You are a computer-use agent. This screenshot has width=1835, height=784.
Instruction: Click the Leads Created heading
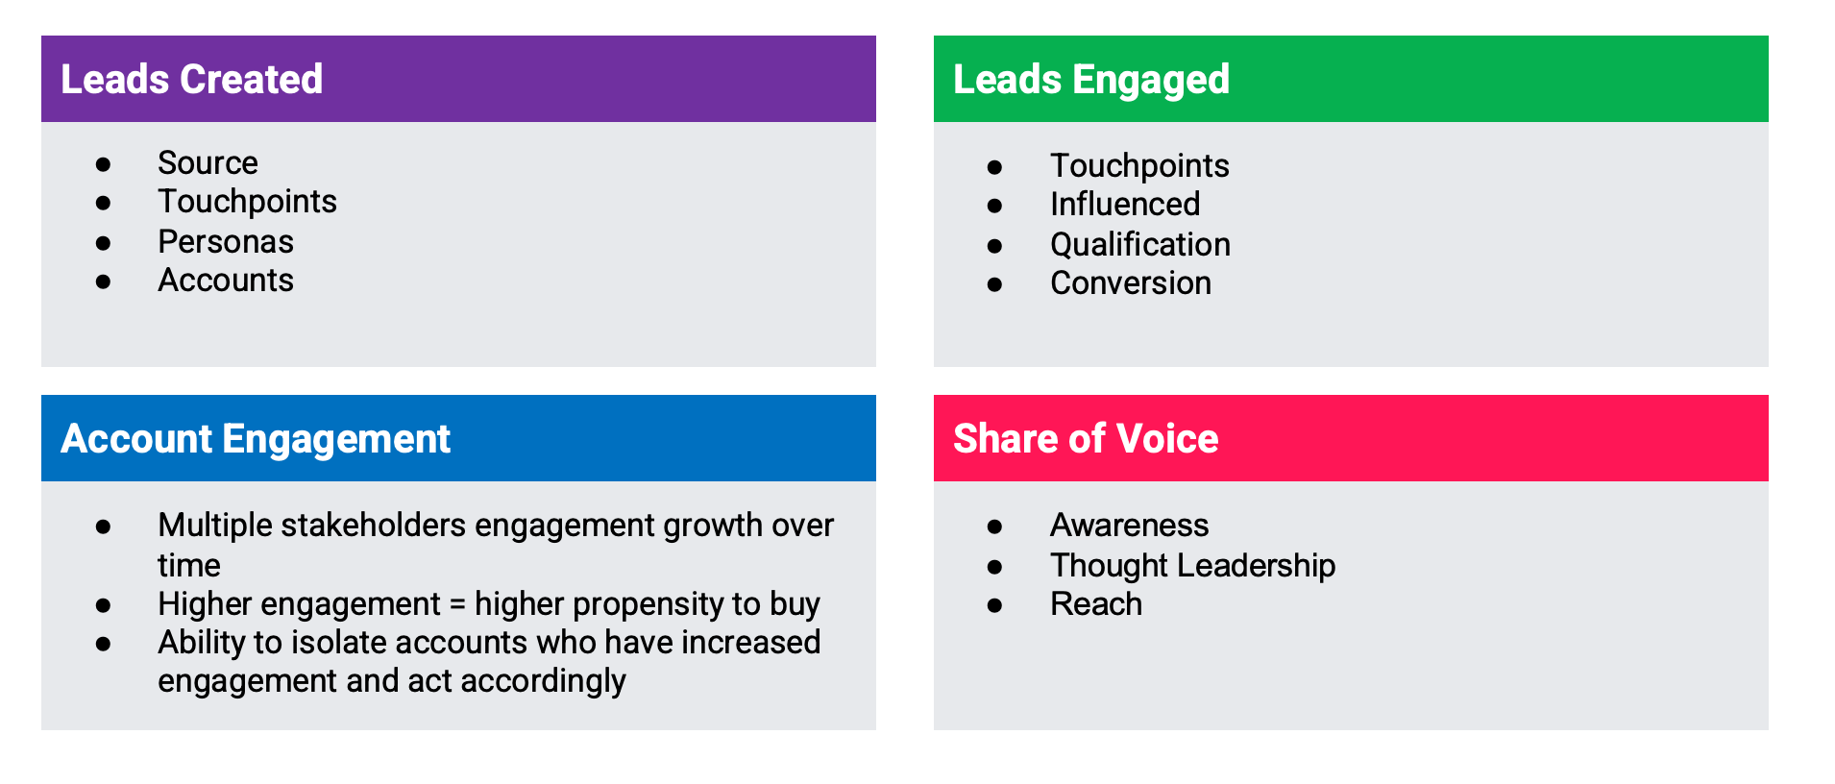click(191, 80)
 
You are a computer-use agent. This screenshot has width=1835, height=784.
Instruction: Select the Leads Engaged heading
click(1090, 80)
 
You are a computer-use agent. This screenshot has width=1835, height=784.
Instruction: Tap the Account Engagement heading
click(255, 439)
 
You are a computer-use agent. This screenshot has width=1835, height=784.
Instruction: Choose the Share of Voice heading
click(1085, 439)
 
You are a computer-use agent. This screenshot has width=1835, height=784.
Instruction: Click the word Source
click(208, 163)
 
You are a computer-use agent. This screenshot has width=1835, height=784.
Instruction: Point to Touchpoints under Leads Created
click(247, 202)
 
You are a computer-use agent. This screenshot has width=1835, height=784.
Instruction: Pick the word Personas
click(226, 242)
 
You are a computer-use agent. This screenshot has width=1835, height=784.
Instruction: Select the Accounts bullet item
click(226, 281)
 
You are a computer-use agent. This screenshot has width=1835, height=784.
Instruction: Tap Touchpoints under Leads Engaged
click(1139, 166)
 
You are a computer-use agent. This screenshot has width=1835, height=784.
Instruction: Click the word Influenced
click(1125, 205)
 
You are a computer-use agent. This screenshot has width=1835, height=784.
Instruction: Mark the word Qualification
click(1139, 245)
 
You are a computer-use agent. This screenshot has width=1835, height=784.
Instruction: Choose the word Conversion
click(1130, 283)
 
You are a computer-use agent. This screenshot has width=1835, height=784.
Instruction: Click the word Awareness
click(1129, 526)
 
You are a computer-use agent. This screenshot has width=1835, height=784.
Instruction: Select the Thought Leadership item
click(1192, 566)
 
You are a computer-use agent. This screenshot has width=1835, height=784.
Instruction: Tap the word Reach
click(1095, 604)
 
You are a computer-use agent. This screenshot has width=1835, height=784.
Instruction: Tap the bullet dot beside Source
click(103, 164)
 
